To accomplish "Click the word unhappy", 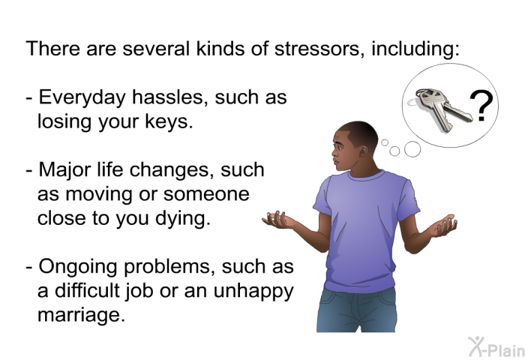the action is point(253,292).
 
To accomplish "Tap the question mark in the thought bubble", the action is point(481,106).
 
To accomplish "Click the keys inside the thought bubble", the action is point(442,109).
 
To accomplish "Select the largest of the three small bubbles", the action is point(412,149).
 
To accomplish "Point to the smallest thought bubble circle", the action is point(385,142).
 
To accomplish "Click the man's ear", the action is point(362,151).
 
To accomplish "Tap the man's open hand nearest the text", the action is point(278,220).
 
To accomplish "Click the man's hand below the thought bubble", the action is point(443,226).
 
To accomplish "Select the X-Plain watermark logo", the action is point(496,347).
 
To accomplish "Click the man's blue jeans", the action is point(356,310).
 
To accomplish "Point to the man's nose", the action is point(334,153).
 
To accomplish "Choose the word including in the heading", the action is point(415,49).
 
